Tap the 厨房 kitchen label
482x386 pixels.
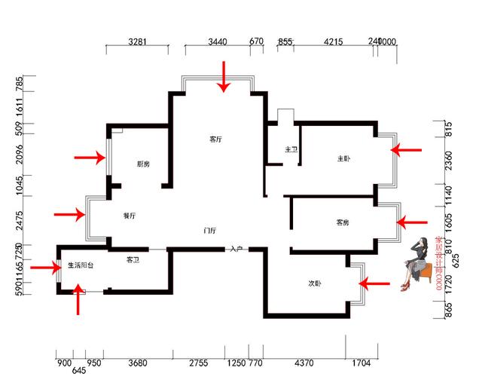click(x=144, y=164)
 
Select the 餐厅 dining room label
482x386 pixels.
click(x=129, y=216)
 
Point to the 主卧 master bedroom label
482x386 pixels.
click(x=344, y=159)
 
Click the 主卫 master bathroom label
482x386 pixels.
click(x=291, y=150)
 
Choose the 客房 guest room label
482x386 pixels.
click(x=343, y=222)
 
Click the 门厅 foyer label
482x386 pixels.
click(x=210, y=231)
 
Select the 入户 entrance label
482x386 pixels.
click(x=236, y=248)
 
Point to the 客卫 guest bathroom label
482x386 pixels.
click(x=133, y=260)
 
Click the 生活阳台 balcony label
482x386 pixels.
click(x=81, y=265)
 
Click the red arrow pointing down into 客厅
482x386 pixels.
click(x=223, y=77)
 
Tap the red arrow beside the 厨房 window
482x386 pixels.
click(x=90, y=158)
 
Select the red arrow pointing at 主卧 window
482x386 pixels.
click(x=407, y=150)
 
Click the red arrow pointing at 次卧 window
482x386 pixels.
click(x=374, y=283)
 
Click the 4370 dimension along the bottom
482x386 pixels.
click(x=304, y=363)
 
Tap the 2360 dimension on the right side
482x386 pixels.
click(x=449, y=161)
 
